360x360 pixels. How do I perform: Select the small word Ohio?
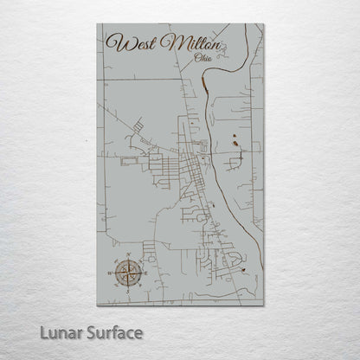click(x=204, y=58)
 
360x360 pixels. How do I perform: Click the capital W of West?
click(x=112, y=42)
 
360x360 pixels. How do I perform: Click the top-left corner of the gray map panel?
click(x=97, y=24)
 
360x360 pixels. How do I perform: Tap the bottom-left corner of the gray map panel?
click(x=97, y=305)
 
